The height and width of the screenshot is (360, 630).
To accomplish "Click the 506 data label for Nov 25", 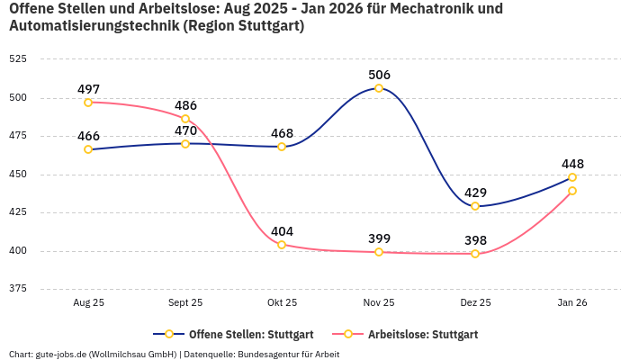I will pos(379,75).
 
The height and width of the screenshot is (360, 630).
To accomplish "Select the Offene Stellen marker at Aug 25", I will pos(88,149).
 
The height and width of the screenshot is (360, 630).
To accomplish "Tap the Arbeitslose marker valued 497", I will pos(88,103).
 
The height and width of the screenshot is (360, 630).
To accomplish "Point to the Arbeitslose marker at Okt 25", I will pos(282,245).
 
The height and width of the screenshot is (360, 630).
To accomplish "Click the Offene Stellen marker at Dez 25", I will pos(475,206).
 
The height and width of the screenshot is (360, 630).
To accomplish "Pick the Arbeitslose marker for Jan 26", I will pos(572,191).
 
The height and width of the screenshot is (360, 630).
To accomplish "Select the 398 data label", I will pos(475,240).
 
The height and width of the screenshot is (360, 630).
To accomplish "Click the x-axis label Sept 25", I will pos(185,303).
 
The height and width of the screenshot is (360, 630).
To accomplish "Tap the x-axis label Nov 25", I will pos(379,303).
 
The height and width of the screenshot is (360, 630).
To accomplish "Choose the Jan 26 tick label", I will pos(572,303).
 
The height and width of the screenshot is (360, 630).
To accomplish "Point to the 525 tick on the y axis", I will pos(17,58).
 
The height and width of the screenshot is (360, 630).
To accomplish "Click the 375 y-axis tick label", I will pos(17,289).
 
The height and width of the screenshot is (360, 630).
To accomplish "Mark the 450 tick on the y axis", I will pos(17,174).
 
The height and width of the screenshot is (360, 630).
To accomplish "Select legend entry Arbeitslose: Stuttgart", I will pos(422,334).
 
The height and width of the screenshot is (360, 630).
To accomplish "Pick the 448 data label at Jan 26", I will pos(572,164).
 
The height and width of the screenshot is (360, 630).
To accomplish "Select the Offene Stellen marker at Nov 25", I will pos(379,88).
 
